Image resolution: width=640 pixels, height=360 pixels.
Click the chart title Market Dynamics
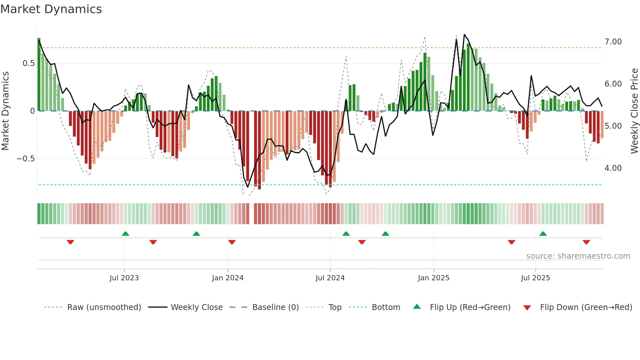51,9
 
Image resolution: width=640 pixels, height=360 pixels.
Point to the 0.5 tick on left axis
28,63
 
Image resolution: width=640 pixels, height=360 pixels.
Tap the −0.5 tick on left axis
25,159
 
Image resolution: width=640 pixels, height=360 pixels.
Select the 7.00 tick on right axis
613,42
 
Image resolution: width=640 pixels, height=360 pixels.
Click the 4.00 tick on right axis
613,168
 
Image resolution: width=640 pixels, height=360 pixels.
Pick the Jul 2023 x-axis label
124,278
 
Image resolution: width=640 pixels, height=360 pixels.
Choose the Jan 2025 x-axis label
433,278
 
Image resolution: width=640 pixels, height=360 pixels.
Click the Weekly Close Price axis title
634,111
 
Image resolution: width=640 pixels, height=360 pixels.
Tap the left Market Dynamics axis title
5,111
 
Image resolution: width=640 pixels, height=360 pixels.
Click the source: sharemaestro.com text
578,256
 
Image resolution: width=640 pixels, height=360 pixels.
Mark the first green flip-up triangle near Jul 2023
125,234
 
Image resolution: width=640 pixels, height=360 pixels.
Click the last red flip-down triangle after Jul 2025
586,242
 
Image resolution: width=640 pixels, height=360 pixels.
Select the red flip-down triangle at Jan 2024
232,242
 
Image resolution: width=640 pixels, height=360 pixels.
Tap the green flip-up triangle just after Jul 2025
543,234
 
